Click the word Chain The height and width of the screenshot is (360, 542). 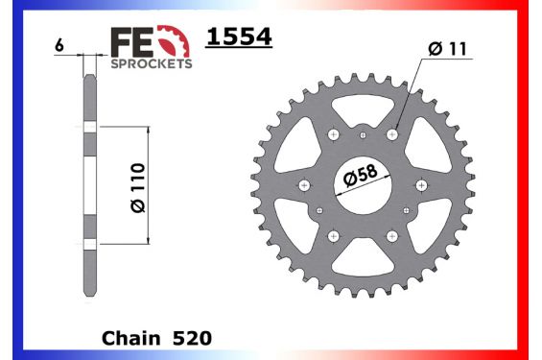(128, 339)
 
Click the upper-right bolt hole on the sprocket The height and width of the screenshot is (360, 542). (391, 135)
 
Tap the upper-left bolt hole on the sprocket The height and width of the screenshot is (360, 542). (334, 135)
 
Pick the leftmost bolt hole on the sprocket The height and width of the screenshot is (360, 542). (305, 184)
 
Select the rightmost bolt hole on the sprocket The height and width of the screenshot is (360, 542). (420, 184)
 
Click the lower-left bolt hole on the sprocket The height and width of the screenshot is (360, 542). (334, 234)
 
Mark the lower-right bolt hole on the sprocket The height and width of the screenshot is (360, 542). (391, 234)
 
